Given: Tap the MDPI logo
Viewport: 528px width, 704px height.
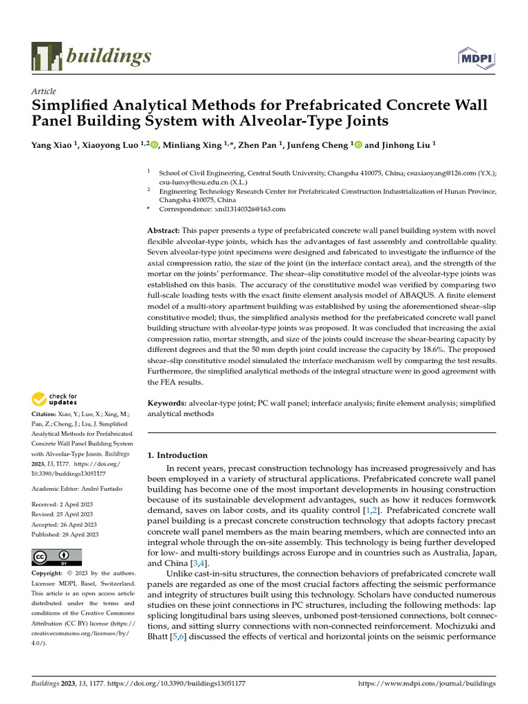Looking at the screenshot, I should click(x=476, y=59).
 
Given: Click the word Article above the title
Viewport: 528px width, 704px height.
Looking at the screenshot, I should click(x=44, y=91).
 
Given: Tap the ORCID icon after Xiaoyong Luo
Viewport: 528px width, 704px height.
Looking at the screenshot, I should click(x=153, y=145).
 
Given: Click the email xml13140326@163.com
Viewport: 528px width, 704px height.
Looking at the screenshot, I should click(x=252, y=209).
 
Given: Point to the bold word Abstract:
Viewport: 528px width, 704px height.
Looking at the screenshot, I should click(x=164, y=230).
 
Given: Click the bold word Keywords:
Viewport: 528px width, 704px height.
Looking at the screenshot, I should click(x=168, y=403).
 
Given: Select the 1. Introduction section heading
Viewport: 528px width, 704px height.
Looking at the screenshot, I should click(x=178, y=455).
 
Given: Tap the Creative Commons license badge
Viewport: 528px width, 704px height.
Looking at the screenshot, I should click(x=57, y=557).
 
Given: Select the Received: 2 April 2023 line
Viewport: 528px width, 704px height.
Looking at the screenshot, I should click(x=63, y=504).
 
